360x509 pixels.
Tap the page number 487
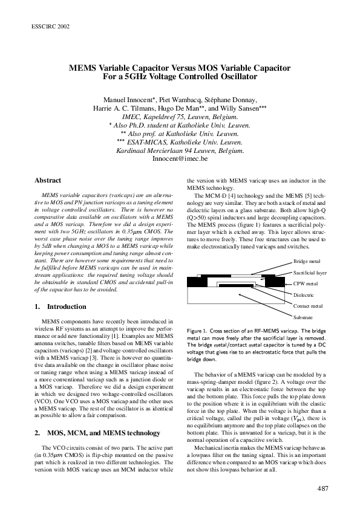(322, 488)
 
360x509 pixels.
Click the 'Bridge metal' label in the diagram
(307, 261)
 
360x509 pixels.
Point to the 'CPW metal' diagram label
(306, 283)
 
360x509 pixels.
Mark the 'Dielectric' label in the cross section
(304, 295)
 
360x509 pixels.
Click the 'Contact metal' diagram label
(308, 306)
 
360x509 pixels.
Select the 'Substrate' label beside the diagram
(303, 317)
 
